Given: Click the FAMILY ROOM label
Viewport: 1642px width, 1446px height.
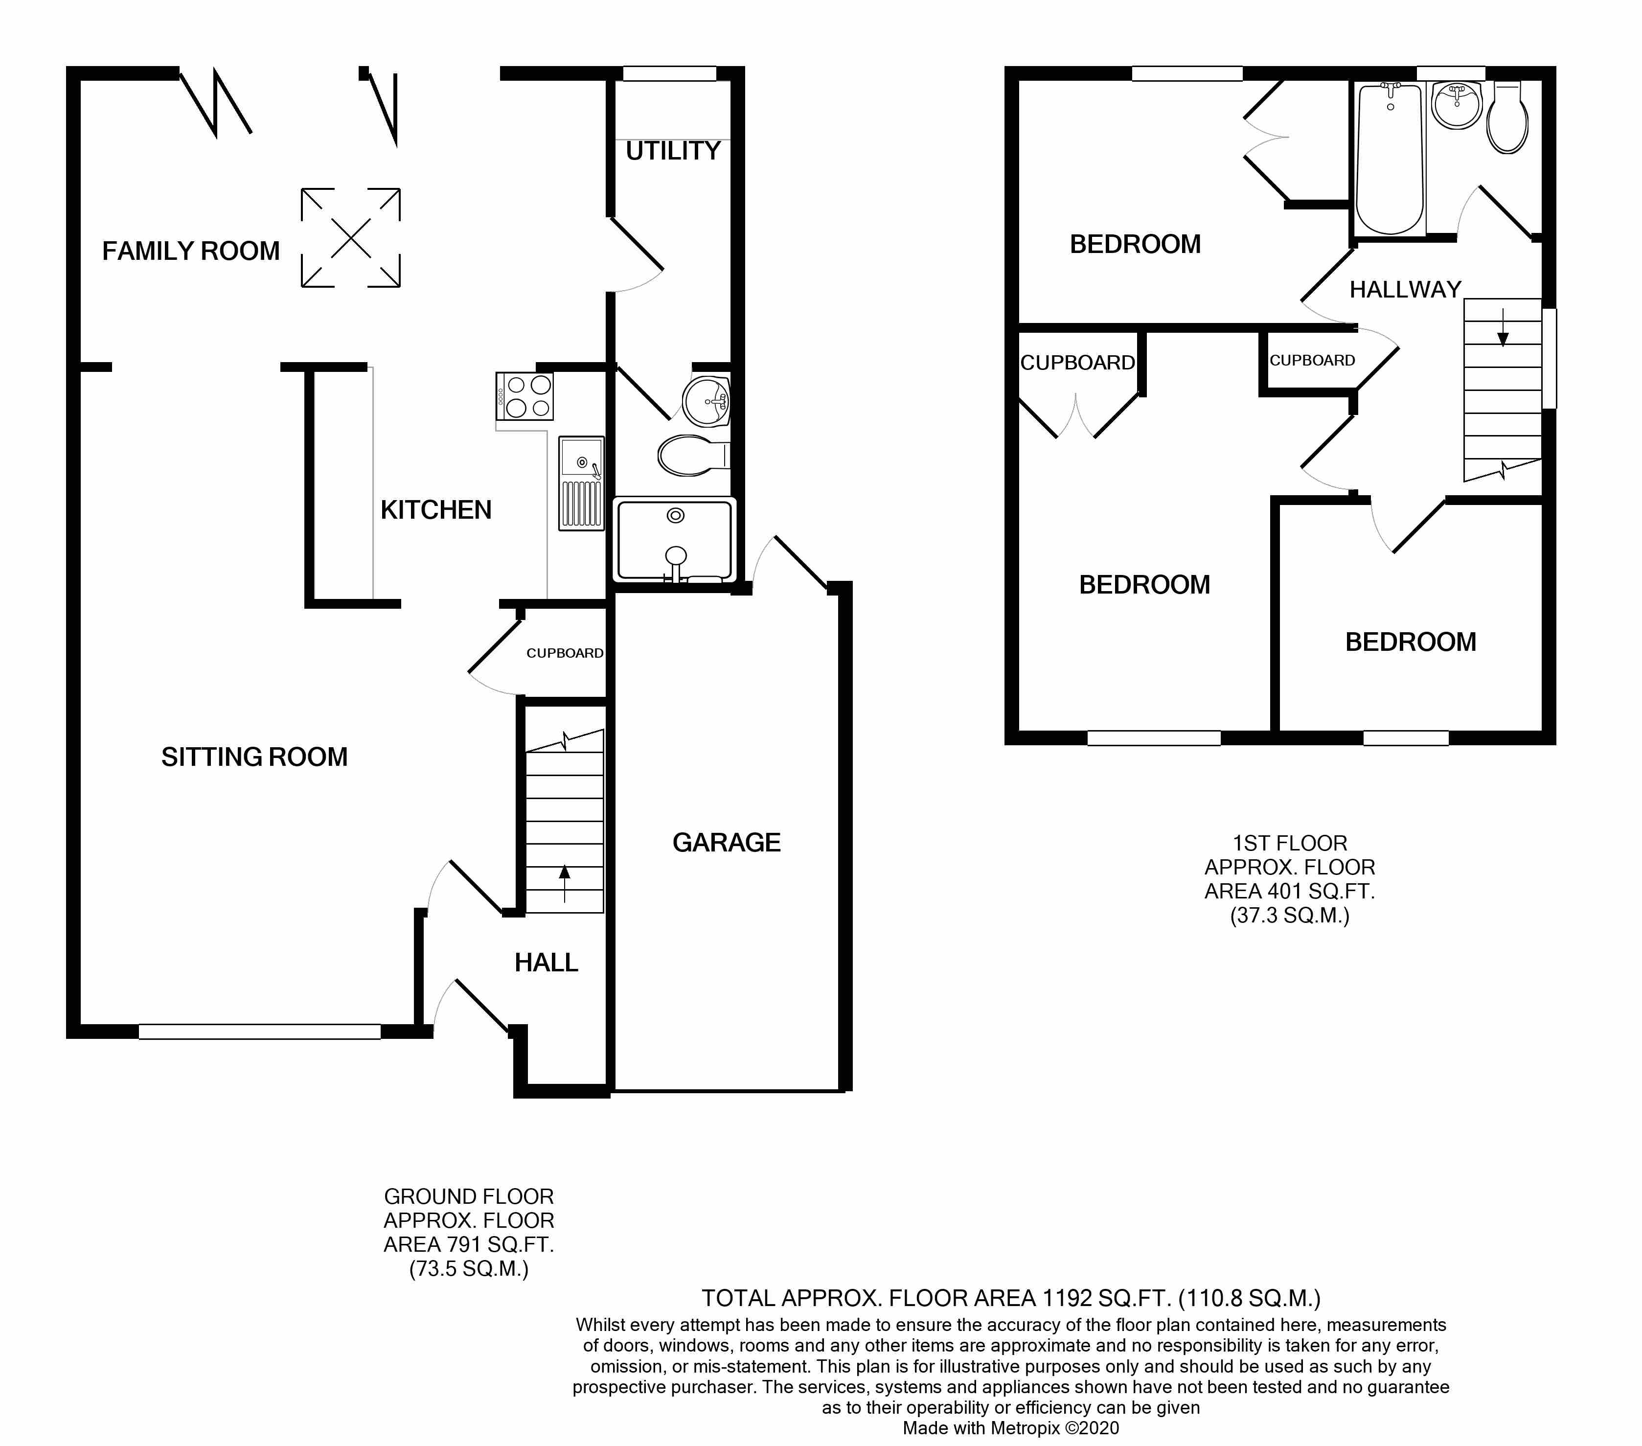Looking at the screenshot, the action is [x=191, y=252].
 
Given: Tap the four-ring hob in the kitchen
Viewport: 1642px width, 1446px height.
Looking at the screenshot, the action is [x=525, y=397].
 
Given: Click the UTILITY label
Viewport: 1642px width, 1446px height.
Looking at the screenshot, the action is [x=673, y=151].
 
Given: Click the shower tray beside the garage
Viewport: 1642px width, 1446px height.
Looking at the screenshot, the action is [x=675, y=540].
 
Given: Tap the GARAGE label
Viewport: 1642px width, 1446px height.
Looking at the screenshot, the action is [x=726, y=843].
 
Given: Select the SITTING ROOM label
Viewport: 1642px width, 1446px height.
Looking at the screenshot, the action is [x=254, y=757].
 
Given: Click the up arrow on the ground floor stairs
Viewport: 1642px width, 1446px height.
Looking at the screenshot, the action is [x=564, y=884].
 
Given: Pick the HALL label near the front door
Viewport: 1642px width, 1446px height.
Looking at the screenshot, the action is [x=546, y=963].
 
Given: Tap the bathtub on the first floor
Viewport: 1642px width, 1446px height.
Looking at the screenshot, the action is [x=1390, y=159].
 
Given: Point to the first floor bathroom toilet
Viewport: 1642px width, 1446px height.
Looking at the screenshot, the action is [x=1507, y=118].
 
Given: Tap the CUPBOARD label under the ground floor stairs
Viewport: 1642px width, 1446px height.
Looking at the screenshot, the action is [x=565, y=653].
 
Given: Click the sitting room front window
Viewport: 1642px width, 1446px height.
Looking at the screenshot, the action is [x=259, y=1032].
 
